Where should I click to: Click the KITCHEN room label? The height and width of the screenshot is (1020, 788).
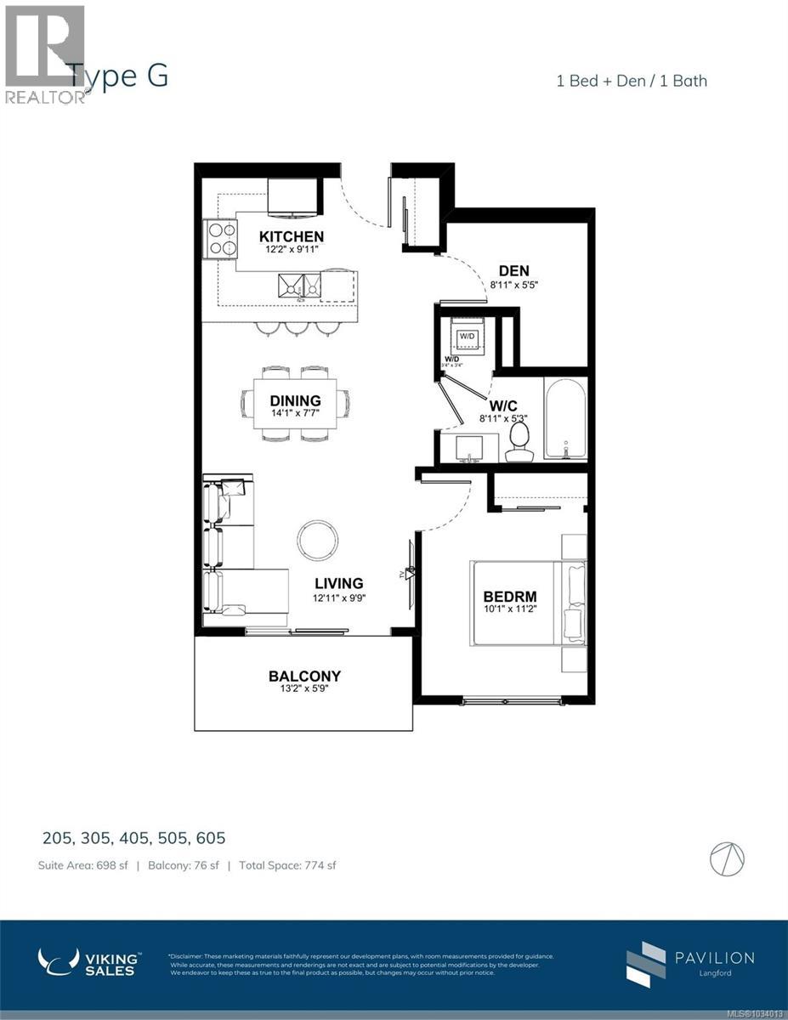click(292, 236)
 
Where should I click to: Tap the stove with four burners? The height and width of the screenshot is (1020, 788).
click(220, 238)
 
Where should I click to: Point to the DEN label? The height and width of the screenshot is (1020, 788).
click(513, 271)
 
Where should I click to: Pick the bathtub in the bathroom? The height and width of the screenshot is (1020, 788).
click(564, 417)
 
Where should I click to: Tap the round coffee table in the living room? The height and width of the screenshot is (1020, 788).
click(317, 540)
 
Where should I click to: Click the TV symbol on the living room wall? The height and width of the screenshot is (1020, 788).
click(410, 575)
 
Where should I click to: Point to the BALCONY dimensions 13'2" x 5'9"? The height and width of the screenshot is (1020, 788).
click(304, 690)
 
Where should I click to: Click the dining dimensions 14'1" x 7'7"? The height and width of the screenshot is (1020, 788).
click(296, 414)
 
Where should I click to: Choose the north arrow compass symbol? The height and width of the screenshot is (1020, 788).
click(727, 857)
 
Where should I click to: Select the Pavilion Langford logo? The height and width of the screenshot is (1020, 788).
click(689, 964)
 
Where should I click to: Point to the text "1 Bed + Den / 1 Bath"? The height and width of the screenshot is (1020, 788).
click(632, 81)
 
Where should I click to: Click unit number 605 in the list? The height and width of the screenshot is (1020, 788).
click(207, 838)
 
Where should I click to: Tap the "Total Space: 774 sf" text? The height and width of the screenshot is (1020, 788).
click(287, 865)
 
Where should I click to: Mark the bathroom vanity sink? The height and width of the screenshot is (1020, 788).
click(468, 448)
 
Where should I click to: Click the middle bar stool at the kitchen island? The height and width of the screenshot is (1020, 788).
click(296, 328)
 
